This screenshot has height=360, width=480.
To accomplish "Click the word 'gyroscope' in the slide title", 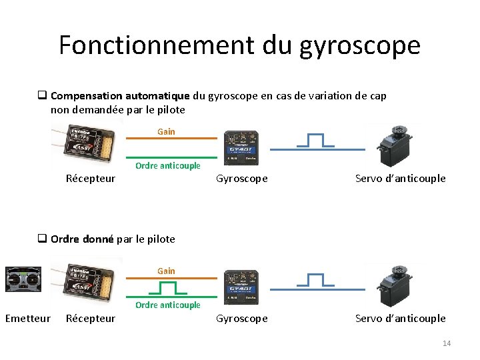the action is (360, 45).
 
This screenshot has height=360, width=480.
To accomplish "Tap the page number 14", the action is (446, 343).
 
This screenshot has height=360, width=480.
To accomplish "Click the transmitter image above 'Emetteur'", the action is (23, 279).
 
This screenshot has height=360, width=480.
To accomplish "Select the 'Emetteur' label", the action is (27, 319).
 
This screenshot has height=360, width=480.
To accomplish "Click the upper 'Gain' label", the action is (166, 131).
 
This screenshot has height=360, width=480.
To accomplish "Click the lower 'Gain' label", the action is (166, 271).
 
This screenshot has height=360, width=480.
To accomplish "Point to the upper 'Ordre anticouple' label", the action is (167, 166).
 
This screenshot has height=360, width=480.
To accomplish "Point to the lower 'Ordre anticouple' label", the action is (167, 305).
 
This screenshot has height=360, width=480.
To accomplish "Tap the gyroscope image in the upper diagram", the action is (241, 147).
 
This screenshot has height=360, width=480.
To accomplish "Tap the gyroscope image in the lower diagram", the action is (241, 287).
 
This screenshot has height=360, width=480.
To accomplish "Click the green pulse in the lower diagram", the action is (168, 287).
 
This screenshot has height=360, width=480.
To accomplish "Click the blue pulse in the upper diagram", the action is (315, 141).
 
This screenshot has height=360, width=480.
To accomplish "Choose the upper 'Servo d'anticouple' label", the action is (400, 179).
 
